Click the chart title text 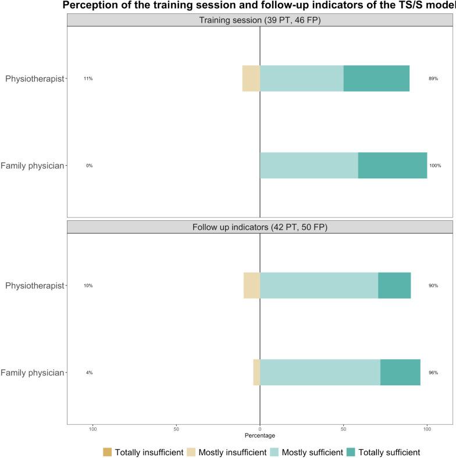pos(260,6)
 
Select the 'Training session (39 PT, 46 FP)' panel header pos(260,20)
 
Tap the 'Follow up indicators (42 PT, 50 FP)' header pos(260,227)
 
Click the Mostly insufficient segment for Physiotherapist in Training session pos(251,78)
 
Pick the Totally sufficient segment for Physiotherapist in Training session pos(376,78)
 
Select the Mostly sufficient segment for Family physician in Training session pos(309,166)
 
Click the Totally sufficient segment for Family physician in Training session pos(393,166)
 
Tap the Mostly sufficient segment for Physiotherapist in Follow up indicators pos(319,285)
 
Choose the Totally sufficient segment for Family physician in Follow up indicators pos(400,372)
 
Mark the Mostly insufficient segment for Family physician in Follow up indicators pos(256,372)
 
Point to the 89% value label pos(433,78)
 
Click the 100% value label pos(435,166)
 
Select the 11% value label pos(88,78)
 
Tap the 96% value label pos(433,373)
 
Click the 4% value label pos(89,373)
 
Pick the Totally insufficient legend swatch pos(107,452)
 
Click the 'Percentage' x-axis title pos(260,435)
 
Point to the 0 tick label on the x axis pos(260,429)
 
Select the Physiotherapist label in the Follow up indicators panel pos(34,286)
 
